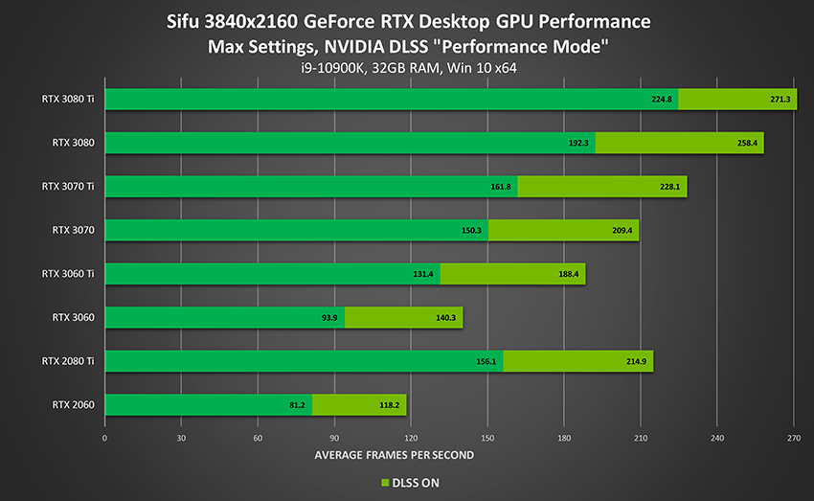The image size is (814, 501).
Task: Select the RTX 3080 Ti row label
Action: (67, 99)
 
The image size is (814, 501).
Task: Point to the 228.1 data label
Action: (671, 187)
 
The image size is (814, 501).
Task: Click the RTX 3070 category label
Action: (73, 230)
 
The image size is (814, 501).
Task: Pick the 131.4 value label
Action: (424, 274)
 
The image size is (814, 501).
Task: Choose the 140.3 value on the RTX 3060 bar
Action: (447, 318)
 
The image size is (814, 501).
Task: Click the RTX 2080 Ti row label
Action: (67, 361)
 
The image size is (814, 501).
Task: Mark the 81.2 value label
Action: (296, 405)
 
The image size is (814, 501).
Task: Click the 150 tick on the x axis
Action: (486, 437)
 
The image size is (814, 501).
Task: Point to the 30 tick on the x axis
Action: (181, 437)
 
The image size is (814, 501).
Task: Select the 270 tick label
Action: (793, 437)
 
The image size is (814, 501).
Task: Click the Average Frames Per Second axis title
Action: (394, 455)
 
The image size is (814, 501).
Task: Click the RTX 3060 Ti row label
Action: (67, 274)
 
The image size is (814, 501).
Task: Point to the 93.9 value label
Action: (329, 318)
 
